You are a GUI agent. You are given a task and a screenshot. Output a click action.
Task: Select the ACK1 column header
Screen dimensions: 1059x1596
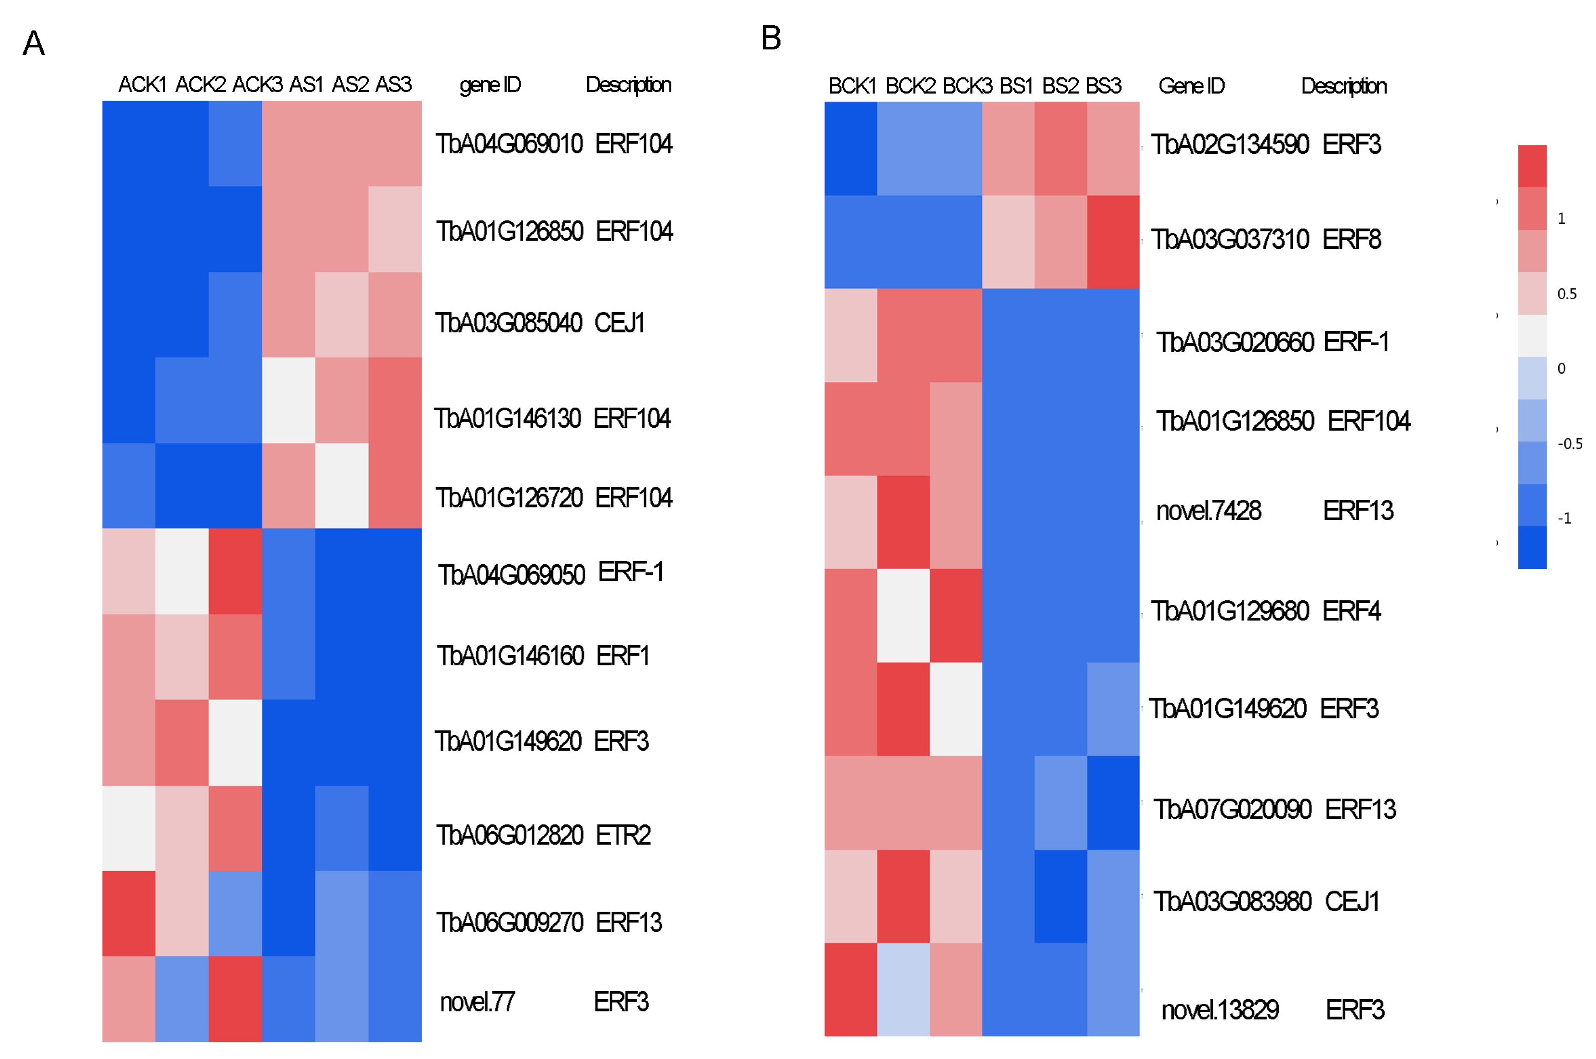coord(142,85)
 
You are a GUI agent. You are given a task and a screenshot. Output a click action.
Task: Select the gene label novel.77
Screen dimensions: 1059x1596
coord(477,1002)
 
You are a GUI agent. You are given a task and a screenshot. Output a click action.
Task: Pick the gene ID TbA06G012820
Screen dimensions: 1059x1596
coord(509,835)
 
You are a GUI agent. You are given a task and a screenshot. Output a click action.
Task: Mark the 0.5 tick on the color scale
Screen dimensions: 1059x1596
coord(1566,294)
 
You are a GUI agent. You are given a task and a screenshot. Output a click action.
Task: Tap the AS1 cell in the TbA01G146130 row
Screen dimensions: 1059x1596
coord(288,400)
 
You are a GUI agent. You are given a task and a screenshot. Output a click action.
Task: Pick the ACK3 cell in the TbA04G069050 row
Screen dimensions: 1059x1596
coord(235,572)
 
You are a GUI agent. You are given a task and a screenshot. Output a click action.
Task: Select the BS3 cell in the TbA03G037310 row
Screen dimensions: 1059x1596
coord(1112,242)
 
